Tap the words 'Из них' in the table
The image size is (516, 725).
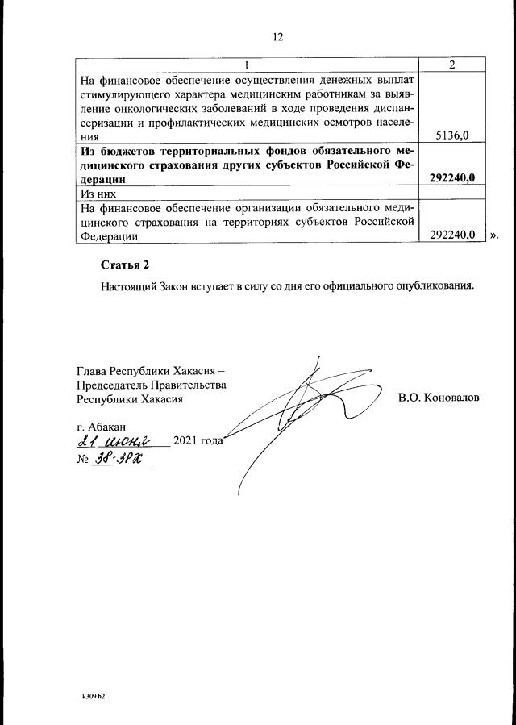(96, 194)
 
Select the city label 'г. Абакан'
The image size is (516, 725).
(101, 425)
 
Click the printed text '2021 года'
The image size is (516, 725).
(198, 441)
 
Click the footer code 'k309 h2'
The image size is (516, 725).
(93, 694)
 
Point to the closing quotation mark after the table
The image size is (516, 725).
(494, 235)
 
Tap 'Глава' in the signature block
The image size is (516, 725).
(92, 371)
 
